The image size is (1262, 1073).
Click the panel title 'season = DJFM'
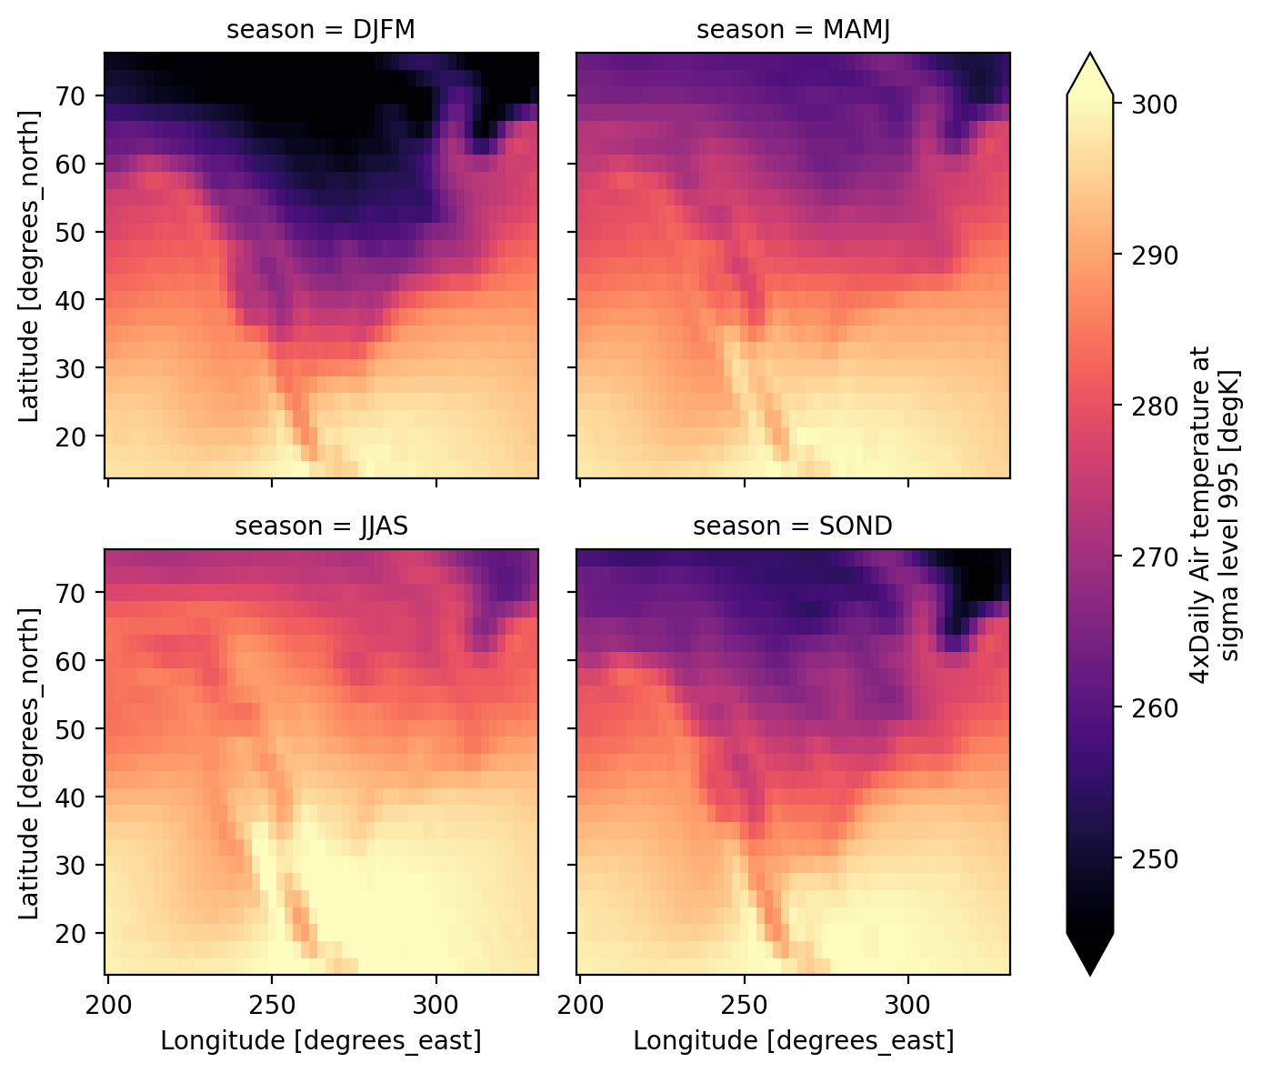point(320,30)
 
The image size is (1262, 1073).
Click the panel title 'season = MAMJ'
point(793,30)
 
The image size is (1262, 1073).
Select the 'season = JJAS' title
point(320,526)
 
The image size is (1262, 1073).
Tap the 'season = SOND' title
point(793,526)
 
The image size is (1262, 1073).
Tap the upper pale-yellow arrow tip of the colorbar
point(1089,74)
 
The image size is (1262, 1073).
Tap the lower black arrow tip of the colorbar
point(1089,955)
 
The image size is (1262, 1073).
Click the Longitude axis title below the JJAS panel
point(320,1040)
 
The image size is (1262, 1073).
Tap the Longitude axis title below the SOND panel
point(793,1040)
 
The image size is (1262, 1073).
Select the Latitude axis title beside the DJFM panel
point(30,266)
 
